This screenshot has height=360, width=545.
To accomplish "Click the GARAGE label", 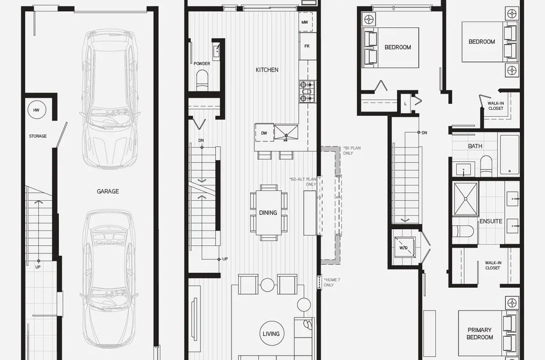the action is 108,192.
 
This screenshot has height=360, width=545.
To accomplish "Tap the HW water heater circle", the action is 37,110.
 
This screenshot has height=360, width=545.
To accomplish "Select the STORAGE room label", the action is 38,136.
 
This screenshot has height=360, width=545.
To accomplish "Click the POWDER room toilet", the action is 202,80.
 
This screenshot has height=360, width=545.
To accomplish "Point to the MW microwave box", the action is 305,22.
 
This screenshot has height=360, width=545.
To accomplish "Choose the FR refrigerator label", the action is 307,46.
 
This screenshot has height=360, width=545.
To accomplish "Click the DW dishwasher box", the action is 264,133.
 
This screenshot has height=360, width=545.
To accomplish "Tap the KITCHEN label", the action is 267,70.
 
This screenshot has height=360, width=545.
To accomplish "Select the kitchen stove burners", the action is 307,91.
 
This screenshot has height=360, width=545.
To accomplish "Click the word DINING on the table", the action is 268,213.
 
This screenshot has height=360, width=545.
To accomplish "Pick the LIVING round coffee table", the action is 271,334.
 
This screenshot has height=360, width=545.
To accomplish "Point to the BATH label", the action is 475,146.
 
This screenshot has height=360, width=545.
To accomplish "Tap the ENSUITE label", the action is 491,221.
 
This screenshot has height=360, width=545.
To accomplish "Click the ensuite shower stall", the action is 466,199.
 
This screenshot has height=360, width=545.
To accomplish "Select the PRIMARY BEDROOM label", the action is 480,334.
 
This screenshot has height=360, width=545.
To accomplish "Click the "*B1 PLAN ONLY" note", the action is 352,151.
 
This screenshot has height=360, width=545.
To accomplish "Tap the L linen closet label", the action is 405,104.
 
